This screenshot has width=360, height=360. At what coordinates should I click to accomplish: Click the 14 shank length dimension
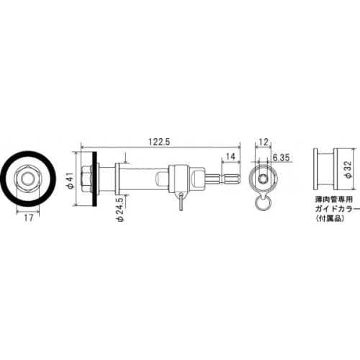230,156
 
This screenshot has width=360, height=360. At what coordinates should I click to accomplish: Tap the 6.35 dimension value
282,156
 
